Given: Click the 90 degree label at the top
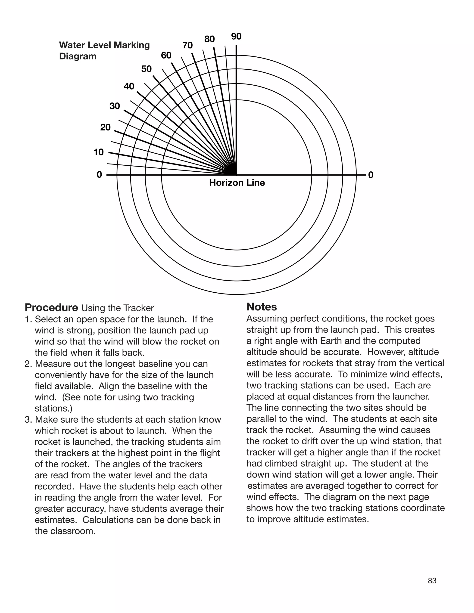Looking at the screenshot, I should [x=236, y=37].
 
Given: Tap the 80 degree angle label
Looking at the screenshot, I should [x=209, y=39].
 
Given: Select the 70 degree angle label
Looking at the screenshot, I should [x=187, y=46].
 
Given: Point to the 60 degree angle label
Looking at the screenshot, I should [x=166, y=56].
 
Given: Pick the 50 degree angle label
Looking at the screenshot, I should [x=146, y=69].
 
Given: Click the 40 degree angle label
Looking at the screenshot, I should [x=129, y=86].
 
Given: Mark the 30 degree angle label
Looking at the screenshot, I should [x=115, y=106].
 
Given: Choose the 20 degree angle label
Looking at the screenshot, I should [x=105, y=127].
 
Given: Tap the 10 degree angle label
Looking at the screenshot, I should [x=99, y=152].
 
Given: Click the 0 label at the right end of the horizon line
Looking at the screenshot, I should [x=371, y=175].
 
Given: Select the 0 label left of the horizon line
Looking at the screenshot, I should [x=99, y=175].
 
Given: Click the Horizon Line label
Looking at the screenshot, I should [x=237, y=183].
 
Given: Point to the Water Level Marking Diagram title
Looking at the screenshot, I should [x=104, y=50].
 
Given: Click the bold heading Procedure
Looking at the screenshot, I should [x=51, y=308].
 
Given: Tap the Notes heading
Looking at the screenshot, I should [x=262, y=307].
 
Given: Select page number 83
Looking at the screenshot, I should [x=432, y=581].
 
